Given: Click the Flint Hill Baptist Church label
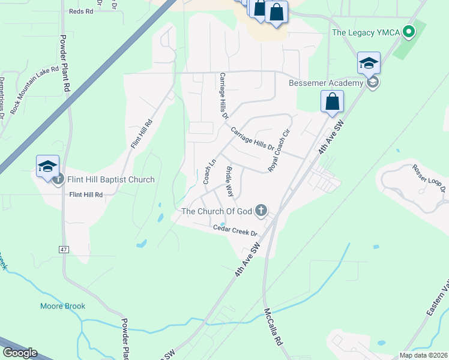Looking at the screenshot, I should pyautogui.click(x=111, y=179).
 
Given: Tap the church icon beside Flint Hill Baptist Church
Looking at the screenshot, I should pyautogui.click(x=58, y=179).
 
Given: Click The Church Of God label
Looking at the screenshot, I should pyautogui.click(x=216, y=211).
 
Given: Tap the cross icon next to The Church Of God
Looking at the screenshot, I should pyautogui.click(x=261, y=210).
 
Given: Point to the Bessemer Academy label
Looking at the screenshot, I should pyautogui.click(x=326, y=83).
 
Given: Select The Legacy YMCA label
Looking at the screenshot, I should pyautogui.click(x=367, y=32).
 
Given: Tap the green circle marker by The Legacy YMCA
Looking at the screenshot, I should pyautogui.click(x=409, y=31).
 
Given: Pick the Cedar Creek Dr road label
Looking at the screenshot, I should pyautogui.click(x=235, y=230).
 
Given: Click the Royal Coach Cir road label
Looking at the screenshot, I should pyautogui.click(x=279, y=150).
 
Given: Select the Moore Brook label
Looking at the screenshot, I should pyautogui.click(x=62, y=306).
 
